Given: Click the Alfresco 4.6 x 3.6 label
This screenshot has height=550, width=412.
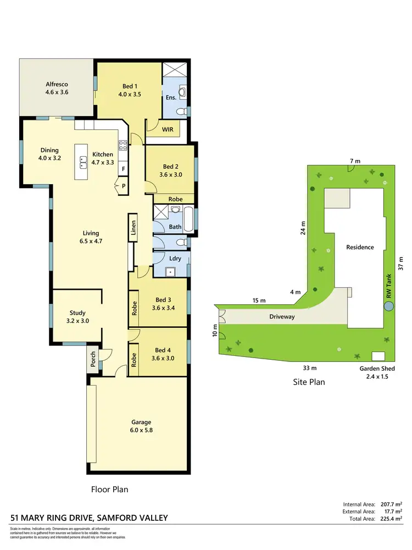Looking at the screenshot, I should coord(57,88).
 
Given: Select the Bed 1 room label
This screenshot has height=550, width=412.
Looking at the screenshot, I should coord(129,90).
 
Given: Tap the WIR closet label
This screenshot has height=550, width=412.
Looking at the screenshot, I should coord(168,130).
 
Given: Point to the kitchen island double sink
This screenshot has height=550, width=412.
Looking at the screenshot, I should coord(84,163).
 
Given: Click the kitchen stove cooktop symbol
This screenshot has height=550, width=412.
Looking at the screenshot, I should coord(124,146).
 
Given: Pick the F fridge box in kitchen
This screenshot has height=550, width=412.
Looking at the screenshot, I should coord(124,168).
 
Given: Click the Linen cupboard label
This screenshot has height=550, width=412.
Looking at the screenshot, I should coord(133,227).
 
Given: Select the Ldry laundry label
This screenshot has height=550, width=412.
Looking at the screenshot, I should coord(175,258).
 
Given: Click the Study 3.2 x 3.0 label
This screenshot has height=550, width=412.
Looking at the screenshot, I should coord(76,316).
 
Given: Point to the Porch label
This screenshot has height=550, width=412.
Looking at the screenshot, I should coord(93,359).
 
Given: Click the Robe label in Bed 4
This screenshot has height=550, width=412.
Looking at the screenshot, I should coord(133,359).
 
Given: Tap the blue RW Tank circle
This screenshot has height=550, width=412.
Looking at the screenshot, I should coord(389,307).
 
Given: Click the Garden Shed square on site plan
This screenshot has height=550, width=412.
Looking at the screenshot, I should coord(378,355).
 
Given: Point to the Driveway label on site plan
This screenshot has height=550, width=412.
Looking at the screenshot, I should coord(282,317).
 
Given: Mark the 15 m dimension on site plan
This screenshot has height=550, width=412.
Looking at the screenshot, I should coord(259,300).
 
